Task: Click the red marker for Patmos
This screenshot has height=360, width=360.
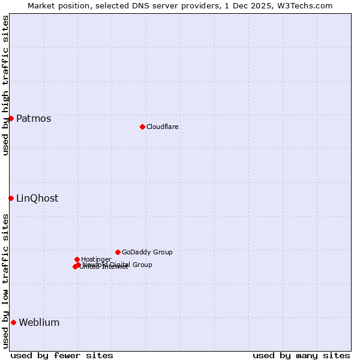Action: click(x=11, y=118)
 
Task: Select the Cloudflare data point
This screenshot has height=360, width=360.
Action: click(x=142, y=127)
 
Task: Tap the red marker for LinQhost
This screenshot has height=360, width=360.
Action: click(x=11, y=198)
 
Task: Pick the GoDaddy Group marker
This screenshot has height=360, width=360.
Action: click(x=118, y=252)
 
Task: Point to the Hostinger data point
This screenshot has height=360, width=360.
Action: click(x=77, y=259)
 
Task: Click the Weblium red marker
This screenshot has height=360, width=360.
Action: click(x=13, y=322)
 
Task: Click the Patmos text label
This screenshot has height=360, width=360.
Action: click(x=34, y=119)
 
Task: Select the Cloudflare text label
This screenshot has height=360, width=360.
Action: click(x=163, y=127)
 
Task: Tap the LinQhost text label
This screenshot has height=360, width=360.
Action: click(x=37, y=199)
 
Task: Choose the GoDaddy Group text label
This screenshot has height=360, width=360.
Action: click(x=147, y=253)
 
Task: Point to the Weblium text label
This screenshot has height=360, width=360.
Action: click(x=39, y=323)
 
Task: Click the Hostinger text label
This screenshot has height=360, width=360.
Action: click(x=96, y=260)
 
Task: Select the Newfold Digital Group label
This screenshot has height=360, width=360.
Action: click(x=118, y=265)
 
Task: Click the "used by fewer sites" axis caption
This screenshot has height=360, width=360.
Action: click(x=62, y=355)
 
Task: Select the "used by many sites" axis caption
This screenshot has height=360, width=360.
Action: click(x=301, y=355)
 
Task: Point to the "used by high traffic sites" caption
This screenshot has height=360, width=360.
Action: click(x=6, y=85)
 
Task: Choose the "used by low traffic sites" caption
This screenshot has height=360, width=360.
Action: click(x=6, y=281)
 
